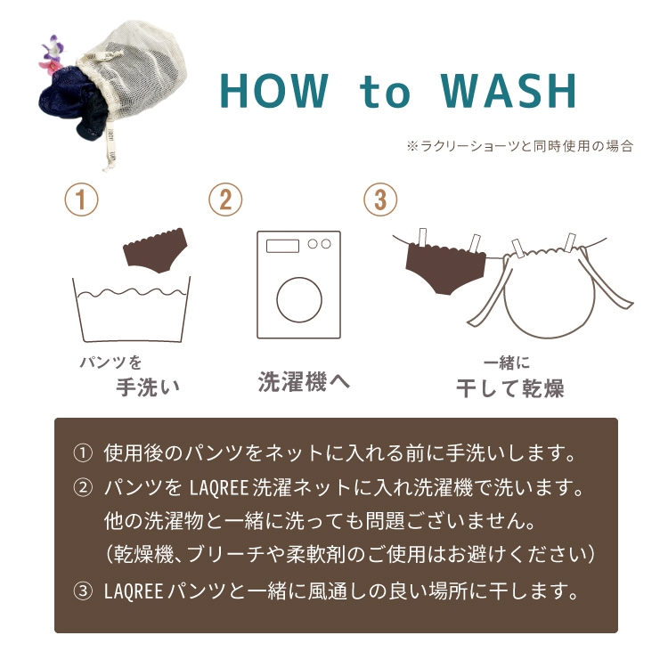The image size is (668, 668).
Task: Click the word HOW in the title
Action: coord(275,91)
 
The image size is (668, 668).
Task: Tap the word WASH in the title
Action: coord(509,91)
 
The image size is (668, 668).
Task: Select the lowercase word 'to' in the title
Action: coord(385,93)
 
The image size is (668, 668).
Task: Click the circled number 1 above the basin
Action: coord(81,200)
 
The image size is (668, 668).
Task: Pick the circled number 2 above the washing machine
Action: coord(225,200)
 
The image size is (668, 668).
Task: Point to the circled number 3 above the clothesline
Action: coord(380,200)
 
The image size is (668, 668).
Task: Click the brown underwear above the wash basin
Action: coord(155,249)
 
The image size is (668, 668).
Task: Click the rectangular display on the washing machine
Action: coord(282,246)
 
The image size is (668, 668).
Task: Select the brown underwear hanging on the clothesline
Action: coord(445,266)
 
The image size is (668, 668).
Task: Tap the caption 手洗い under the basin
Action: coord(148,387)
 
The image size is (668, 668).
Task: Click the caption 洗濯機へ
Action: coord(304,381)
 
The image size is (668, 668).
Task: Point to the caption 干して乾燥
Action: coord(510,387)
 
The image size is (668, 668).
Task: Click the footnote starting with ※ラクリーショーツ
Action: coord(520,146)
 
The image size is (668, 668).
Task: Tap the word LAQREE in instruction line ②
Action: coord(218,488)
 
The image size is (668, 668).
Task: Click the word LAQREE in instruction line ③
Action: coord(134,591)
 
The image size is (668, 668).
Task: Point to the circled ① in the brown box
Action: coord(83,452)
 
